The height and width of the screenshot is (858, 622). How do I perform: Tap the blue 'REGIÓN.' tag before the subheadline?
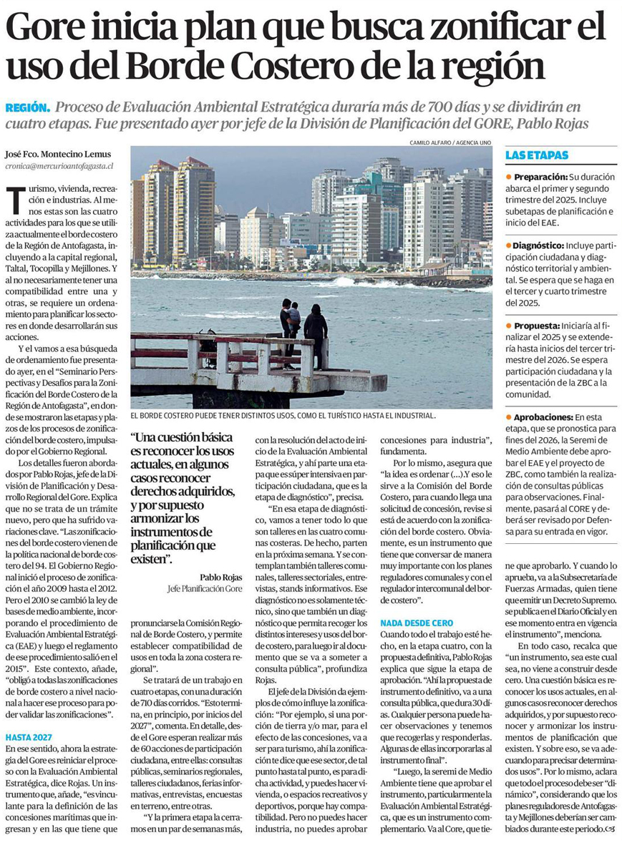(x=27, y=107)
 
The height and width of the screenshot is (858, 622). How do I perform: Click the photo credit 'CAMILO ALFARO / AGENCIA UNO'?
(x=450, y=142)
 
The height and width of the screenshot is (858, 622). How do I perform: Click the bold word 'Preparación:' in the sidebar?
(x=539, y=176)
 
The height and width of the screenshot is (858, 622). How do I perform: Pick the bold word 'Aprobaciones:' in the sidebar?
(x=543, y=416)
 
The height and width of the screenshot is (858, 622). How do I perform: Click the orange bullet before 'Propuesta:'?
(x=508, y=325)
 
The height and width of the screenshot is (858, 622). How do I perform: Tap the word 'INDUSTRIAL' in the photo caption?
(x=407, y=415)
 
